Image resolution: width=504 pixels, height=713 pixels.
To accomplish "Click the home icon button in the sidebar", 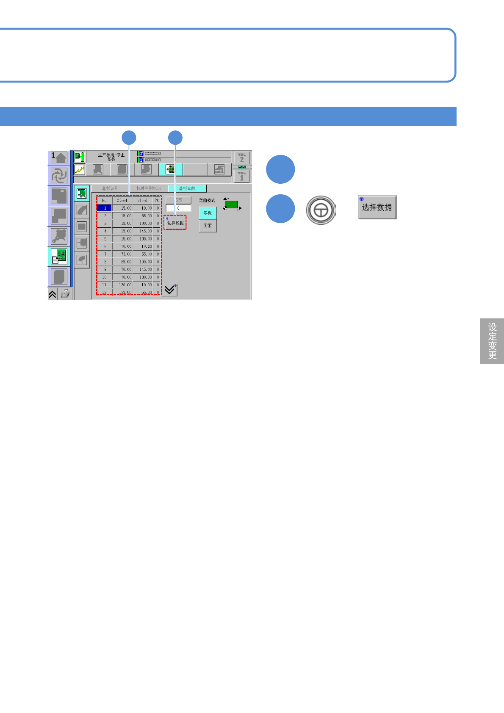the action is tap(59, 158).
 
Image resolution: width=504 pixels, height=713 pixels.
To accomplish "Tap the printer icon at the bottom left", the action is tap(65, 294).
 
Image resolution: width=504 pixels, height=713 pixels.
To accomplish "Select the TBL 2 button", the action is tap(242, 158).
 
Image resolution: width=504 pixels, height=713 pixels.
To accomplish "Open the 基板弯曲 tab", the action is tap(187, 188).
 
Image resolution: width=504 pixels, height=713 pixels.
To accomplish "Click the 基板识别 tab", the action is tap(110, 188).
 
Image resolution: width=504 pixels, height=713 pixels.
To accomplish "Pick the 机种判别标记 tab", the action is tap(148, 188).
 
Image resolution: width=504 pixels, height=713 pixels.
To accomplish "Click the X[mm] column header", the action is tap(122, 200).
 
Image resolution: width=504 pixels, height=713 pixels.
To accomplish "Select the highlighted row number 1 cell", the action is tap(105, 208).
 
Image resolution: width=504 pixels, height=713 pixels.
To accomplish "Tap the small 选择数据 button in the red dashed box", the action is tap(175, 223).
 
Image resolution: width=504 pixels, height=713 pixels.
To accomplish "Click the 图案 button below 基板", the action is tap(208, 226).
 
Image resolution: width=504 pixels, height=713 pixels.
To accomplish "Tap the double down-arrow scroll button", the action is tap(169, 290).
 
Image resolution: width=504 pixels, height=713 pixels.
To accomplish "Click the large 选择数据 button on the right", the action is tap(377, 207).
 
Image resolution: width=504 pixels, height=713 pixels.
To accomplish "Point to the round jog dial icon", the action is tap(321, 210).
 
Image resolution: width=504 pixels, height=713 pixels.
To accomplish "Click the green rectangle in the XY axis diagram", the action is tap(231, 205).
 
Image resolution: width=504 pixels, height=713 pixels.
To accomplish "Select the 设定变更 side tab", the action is tap(492, 341).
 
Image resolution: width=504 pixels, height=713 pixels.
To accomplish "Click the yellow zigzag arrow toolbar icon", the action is tap(80, 170).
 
